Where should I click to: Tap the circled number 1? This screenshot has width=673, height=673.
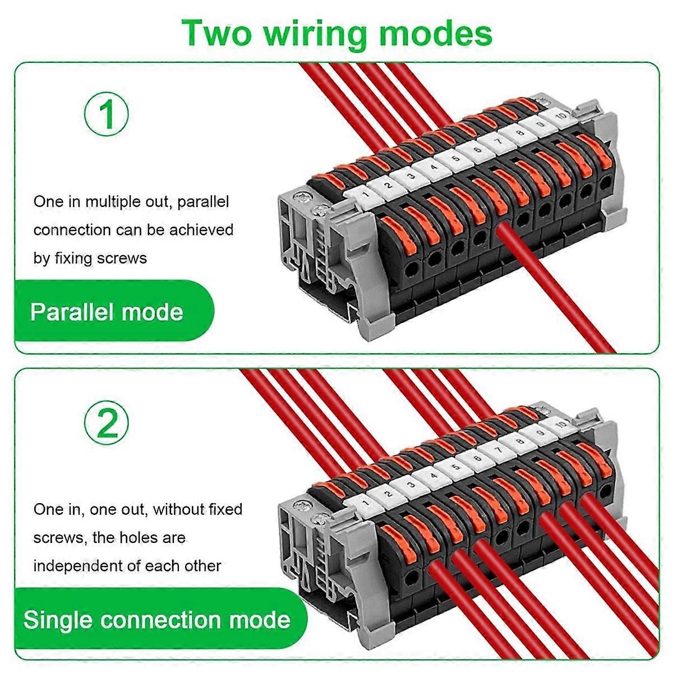tap(107, 114)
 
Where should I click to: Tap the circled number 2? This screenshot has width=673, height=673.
tap(107, 423)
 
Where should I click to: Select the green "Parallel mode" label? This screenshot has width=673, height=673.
tap(107, 312)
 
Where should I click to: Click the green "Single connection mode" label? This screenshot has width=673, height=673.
tap(157, 620)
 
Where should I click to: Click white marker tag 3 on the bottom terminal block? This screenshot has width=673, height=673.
tap(411, 485)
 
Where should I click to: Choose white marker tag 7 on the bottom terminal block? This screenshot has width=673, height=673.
tap(497, 448)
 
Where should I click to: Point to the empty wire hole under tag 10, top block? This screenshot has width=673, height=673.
tap(606, 183)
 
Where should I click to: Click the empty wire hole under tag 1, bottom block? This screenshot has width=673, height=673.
tap(413, 575)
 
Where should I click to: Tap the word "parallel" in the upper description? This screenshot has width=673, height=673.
tap(203, 201)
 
